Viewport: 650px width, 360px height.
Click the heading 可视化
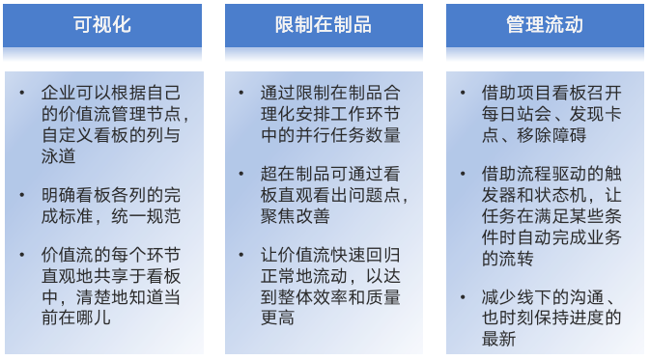(102, 24)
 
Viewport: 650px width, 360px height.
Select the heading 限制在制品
(324, 24)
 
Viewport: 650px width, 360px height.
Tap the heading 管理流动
(545, 24)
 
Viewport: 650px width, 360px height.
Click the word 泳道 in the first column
(59, 156)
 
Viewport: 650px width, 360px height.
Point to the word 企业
(59, 93)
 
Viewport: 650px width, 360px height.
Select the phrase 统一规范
(146, 216)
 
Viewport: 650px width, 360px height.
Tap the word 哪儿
(94, 318)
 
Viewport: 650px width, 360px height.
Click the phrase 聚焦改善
(296, 216)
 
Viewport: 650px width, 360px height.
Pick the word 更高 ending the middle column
(278, 318)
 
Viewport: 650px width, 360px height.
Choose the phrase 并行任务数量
(348, 135)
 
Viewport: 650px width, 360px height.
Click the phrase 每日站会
(516, 114)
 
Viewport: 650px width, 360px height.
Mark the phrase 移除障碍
(551, 135)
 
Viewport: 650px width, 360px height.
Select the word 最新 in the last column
(498, 339)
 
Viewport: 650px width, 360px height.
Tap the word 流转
(516, 258)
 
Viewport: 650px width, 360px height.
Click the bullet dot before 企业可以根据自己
(22, 93)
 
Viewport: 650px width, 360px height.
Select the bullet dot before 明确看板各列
(22, 195)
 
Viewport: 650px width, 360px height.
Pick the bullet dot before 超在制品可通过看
(241, 174)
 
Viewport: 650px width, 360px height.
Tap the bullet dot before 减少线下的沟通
(463, 296)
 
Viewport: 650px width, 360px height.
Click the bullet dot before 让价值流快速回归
(241, 255)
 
